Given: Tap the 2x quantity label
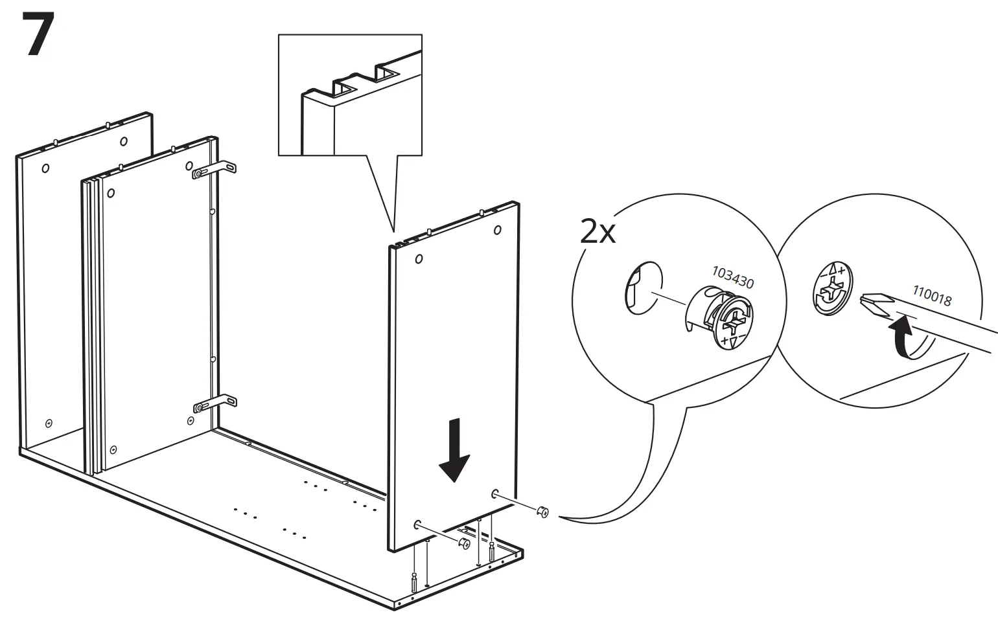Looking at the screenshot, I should click(598, 231).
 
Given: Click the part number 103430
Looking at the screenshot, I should click(733, 277).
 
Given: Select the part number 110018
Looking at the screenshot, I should click(932, 296).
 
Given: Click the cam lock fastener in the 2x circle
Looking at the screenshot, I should click(721, 318).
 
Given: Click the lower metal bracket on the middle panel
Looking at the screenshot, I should click(215, 404).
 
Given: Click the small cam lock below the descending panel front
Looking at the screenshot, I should click(465, 543).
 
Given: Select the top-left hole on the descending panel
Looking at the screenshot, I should click(419, 259).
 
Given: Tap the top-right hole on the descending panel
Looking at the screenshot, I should click(497, 229).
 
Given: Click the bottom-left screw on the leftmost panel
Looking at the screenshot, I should click(49, 423).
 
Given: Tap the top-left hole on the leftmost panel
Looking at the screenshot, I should click(45, 168).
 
